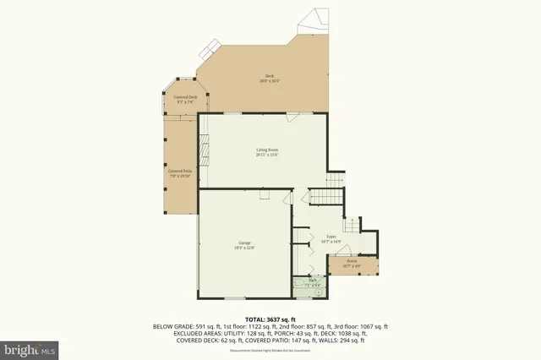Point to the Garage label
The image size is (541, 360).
pos(244,247)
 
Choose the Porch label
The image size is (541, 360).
pos(351,264)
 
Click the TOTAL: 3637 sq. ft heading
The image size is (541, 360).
pos(270,319)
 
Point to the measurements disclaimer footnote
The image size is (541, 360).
pos(270,346)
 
